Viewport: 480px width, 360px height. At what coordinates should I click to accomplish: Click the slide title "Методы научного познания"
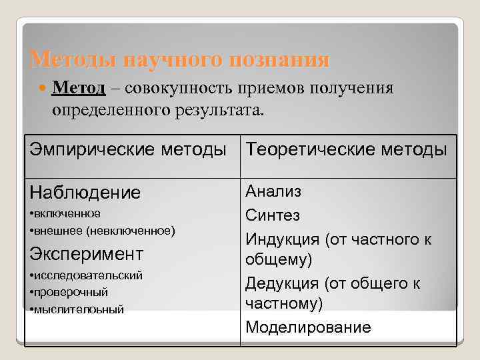(180, 60)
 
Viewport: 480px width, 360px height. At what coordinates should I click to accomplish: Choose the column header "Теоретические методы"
(346, 149)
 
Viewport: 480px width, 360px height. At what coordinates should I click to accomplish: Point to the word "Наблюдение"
(85, 193)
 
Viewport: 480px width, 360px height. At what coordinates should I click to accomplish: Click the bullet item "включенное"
(67, 213)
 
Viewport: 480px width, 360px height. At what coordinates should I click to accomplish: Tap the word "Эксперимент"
(87, 253)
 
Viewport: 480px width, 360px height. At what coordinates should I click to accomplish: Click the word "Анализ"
(273, 192)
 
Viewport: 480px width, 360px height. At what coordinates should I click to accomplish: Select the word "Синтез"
(273, 215)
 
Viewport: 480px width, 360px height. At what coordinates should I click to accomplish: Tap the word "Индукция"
(282, 238)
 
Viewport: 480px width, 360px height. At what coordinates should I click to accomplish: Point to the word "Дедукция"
(283, 283)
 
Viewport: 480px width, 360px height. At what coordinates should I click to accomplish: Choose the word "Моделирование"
(308, 327)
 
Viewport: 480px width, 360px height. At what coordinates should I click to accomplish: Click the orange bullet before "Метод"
(44, 88)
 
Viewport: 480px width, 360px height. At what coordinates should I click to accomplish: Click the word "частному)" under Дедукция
(284, 304)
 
